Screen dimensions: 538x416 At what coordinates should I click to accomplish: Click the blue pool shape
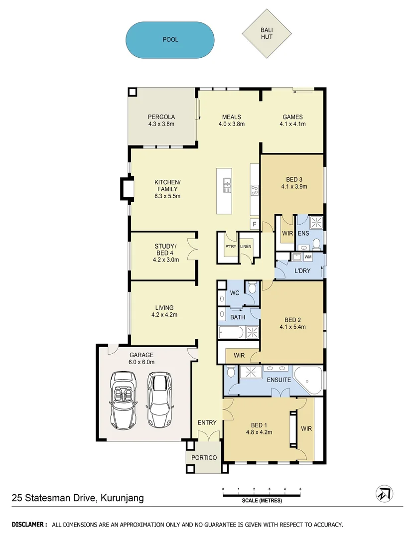[170, 39]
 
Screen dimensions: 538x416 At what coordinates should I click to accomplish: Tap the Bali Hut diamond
[266, 33]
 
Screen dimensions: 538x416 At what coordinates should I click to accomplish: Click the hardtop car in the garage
[158, 400]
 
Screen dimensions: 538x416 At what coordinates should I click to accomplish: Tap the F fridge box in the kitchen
[254, 224]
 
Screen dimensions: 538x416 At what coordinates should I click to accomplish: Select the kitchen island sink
[227, 185]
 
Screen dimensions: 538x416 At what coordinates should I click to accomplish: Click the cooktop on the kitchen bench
[254, 189]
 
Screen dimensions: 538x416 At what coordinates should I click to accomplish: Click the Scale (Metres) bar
[262, 495]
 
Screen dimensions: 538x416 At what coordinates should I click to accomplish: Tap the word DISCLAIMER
[29, 525]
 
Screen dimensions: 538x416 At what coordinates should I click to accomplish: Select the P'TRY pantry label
[230, 247]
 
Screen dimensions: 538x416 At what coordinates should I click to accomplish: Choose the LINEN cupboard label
[246, 247]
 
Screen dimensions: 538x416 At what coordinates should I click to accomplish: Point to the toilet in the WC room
[252, 288]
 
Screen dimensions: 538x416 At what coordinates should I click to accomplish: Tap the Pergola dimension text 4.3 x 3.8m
[160, 124]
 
